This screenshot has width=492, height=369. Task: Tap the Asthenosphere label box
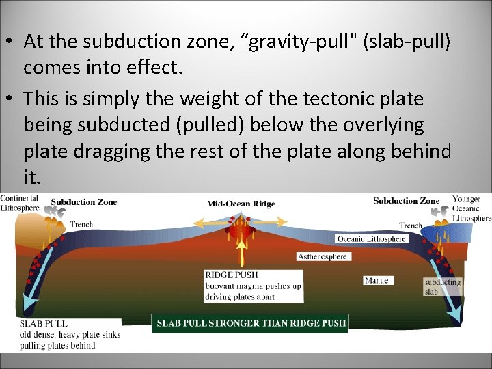(323, 257)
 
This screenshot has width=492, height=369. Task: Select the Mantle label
(377, 280)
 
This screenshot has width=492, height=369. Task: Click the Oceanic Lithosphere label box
(372, 238)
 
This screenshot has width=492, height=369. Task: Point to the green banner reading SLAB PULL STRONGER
(251, 323)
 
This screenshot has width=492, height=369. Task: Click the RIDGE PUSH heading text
(232, 275)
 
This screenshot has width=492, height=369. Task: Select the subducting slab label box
(442, 286)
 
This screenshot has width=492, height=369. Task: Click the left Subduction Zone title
(84, 202)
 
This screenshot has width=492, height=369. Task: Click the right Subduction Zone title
(406, 201)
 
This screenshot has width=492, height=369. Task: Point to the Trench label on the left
(81, 224)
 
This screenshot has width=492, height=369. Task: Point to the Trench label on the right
(411, 225)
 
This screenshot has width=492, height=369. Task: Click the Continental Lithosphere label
(19, 203)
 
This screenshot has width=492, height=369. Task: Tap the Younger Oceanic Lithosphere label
(471, 208)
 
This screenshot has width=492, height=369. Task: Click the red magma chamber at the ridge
(240, 230)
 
